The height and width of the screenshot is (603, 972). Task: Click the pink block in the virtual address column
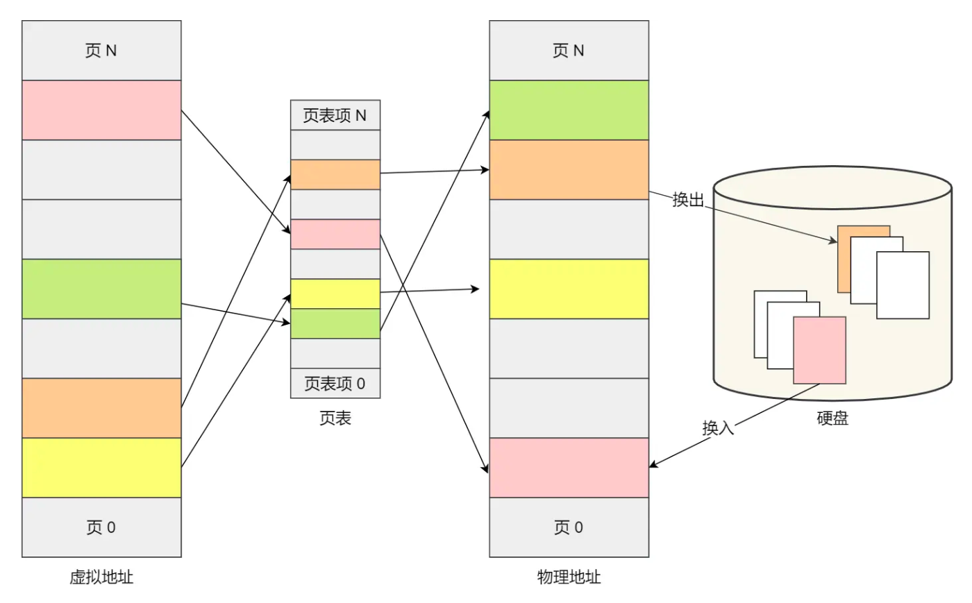[x=101, y=110]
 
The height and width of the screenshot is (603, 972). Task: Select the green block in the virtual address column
[x=101, y=289]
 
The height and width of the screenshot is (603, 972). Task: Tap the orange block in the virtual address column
[x=101, y=408]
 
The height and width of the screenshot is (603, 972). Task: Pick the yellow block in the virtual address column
[x=101, y=468]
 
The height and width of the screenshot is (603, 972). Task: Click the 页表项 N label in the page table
[x=335, y=115]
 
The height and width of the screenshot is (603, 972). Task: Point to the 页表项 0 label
[x=335, y=383]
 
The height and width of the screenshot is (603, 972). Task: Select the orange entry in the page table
[x=335, y=175]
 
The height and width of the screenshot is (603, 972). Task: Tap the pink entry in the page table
[x=335, y=234]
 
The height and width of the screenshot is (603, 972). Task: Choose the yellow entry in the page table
[x=335, y=294]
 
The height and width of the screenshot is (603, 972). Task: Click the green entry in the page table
[x=335, y=323]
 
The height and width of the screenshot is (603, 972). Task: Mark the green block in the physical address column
[x=569, y=110]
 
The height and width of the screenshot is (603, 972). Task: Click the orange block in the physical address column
[x=569, y=169]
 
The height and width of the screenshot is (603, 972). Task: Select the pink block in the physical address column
[x=569, y=468]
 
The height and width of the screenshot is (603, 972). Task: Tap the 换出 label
[x=688, y=200]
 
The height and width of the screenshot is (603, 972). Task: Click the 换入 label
[x=718, y=427]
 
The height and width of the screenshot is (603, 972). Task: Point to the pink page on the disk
[x=820, y=350]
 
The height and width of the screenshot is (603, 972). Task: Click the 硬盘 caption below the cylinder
[x=832, y=418]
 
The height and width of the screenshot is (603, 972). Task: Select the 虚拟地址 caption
[x=101, y=577]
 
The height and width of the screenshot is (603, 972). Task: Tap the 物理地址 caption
[x=569, y=577]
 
